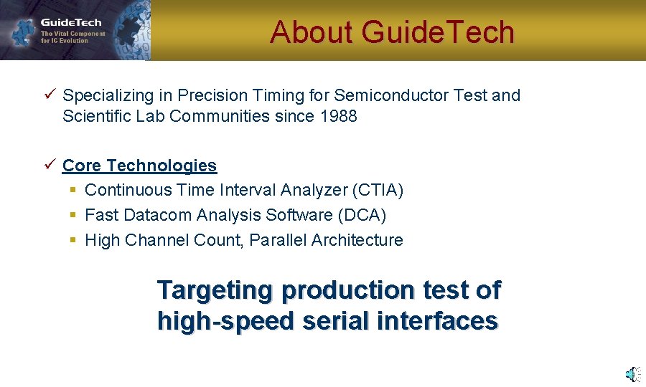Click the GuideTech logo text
tap(71, 22)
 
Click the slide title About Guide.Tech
tap(392, 32)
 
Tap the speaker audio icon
tap(632, 373)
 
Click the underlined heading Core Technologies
tap(139, 166)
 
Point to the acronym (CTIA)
tap(378, 190)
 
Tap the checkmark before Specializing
tap(48, 95)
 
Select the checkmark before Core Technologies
tap(48, 165)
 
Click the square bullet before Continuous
tap(72, 191)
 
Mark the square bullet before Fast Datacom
tap(72, 216)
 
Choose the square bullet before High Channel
tap(72, 241)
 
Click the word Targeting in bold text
tap(215, 291)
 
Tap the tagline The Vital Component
tap(72, 34)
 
